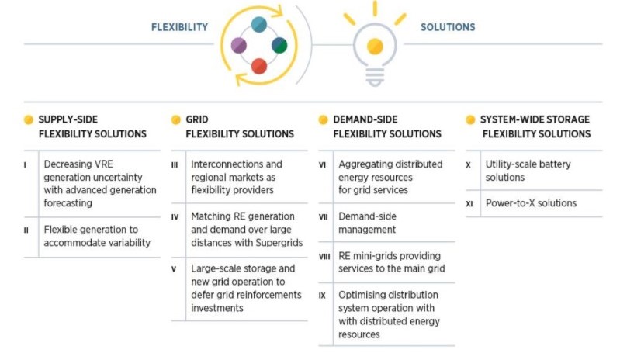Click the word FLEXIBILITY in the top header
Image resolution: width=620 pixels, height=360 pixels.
click(179, 27)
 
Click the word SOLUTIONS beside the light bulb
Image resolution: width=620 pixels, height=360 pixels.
click(448, 27)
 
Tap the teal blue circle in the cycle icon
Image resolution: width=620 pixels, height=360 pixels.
click(259, 24)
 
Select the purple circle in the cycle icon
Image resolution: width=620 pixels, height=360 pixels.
click(239, 46)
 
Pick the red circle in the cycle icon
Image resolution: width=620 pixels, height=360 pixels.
click(259, 66)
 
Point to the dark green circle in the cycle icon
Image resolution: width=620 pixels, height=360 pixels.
click(279, 45)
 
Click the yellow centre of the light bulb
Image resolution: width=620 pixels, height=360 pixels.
click(375, 47)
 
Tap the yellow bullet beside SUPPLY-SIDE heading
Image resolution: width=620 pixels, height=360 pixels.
click(29, 119)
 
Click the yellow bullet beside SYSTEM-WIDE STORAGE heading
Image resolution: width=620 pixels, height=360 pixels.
click(470, 119)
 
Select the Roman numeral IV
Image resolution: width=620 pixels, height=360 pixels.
click(175, 217)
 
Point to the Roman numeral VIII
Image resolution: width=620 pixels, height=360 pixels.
click(324, 257)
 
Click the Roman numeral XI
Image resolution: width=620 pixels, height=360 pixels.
click(469, 204)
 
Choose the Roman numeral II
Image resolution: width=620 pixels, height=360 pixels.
click(26, 230)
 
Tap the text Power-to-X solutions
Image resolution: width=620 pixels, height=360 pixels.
click(531, 203)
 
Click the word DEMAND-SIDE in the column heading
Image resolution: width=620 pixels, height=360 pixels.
click(365, 119)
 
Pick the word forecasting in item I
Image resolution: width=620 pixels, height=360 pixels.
click(68, 203)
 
